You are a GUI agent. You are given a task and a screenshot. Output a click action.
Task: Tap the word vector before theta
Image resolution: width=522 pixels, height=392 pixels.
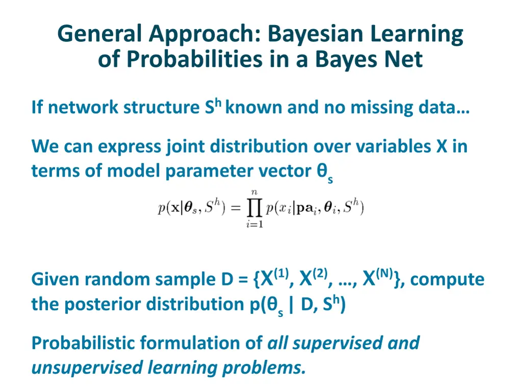click(x=282, y=171)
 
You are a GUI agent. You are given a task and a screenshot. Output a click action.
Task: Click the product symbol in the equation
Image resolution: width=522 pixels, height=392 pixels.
click(x=253, y=208)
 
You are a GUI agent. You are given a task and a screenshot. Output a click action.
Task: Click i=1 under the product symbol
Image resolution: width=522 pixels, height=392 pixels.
click(x=253, y=224)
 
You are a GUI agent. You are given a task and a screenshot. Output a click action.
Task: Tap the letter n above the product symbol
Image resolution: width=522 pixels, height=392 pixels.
click(x=253, y=192)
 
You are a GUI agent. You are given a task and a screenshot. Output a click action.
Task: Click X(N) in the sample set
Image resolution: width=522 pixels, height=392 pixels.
click(x=377, y=279)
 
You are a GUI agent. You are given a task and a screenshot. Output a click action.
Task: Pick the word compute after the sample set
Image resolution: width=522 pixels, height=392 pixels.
click(x=447, y=280)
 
